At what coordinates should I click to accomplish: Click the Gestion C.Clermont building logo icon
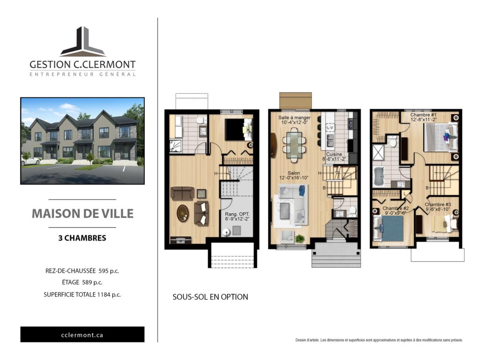click(83, 42)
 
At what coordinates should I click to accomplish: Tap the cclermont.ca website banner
click(82, 335)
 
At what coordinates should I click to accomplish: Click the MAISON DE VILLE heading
click(82, 214)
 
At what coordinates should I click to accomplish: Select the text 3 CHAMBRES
click(82, 238)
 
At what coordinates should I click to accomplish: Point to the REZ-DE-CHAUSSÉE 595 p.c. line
click(82, 271)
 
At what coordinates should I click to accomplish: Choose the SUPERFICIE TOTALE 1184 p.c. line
click(82, 294)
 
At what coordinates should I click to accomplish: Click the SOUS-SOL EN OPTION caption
click(210, 297)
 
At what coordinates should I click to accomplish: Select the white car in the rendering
click(30, 161)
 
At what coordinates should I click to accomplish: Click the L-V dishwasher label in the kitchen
click(330, 127)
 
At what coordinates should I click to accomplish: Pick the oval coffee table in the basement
click(183, 213)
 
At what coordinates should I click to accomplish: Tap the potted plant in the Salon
click(300, 238)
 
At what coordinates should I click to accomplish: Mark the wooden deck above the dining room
click(295, 100)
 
